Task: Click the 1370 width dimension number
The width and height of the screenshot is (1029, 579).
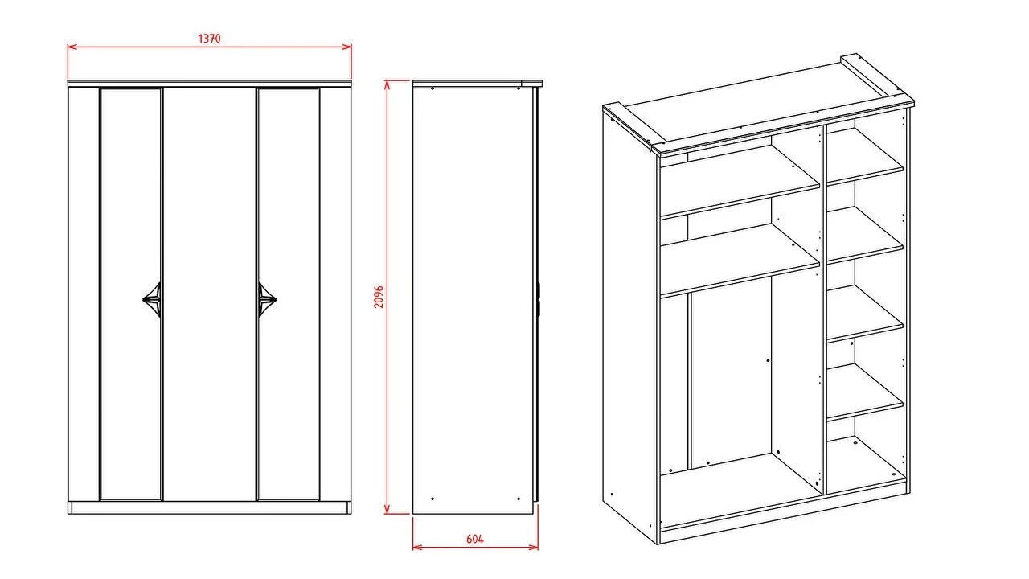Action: tap(210, 39)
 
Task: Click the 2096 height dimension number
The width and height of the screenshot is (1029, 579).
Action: tap(379, 297)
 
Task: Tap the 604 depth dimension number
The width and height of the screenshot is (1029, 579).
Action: tap(475, 539)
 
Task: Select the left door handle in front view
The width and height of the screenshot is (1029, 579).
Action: tap(152, 300)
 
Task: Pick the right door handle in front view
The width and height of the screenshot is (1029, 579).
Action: tap(267, 300)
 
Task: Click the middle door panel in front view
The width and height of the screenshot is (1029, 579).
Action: tap(210, 294)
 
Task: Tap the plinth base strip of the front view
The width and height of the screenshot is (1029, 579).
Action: tap(210, 507)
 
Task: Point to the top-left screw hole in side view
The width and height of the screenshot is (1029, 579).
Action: tap(433, 88)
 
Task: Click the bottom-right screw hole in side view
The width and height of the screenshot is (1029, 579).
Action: tap(519, 499)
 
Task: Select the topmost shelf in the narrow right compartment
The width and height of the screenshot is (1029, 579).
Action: tap(865, 156)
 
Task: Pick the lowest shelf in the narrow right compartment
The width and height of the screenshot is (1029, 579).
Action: tap(865, 392)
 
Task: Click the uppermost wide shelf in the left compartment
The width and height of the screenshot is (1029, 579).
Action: tap(740, 183)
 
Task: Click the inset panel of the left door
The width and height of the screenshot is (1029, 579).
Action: tap(131, 294)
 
